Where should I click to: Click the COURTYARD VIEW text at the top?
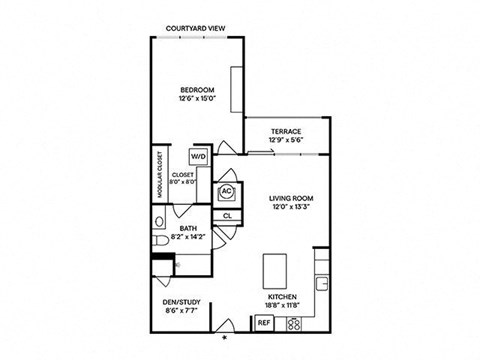pyautogui.click(x=194, y=29)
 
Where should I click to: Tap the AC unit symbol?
pyautogui.click(x=227, y=191)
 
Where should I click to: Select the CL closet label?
pyautogui.click(x=227, y=215)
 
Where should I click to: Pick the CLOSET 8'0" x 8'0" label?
pyautogui.click(x=183, y=178)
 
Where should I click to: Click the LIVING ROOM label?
pyautogui.click(x=292, y=199)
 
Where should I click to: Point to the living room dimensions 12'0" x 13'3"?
pyautogui.click(x=292, y=209)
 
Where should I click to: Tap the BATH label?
pyautogui.click(x=188, y=229)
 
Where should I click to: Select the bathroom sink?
pyautogui.click(x=160, y=220)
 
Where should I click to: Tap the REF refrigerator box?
pyautogui.click(x=264, y=322)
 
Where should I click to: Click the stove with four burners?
pyautogui.click(x=294, y=322)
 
